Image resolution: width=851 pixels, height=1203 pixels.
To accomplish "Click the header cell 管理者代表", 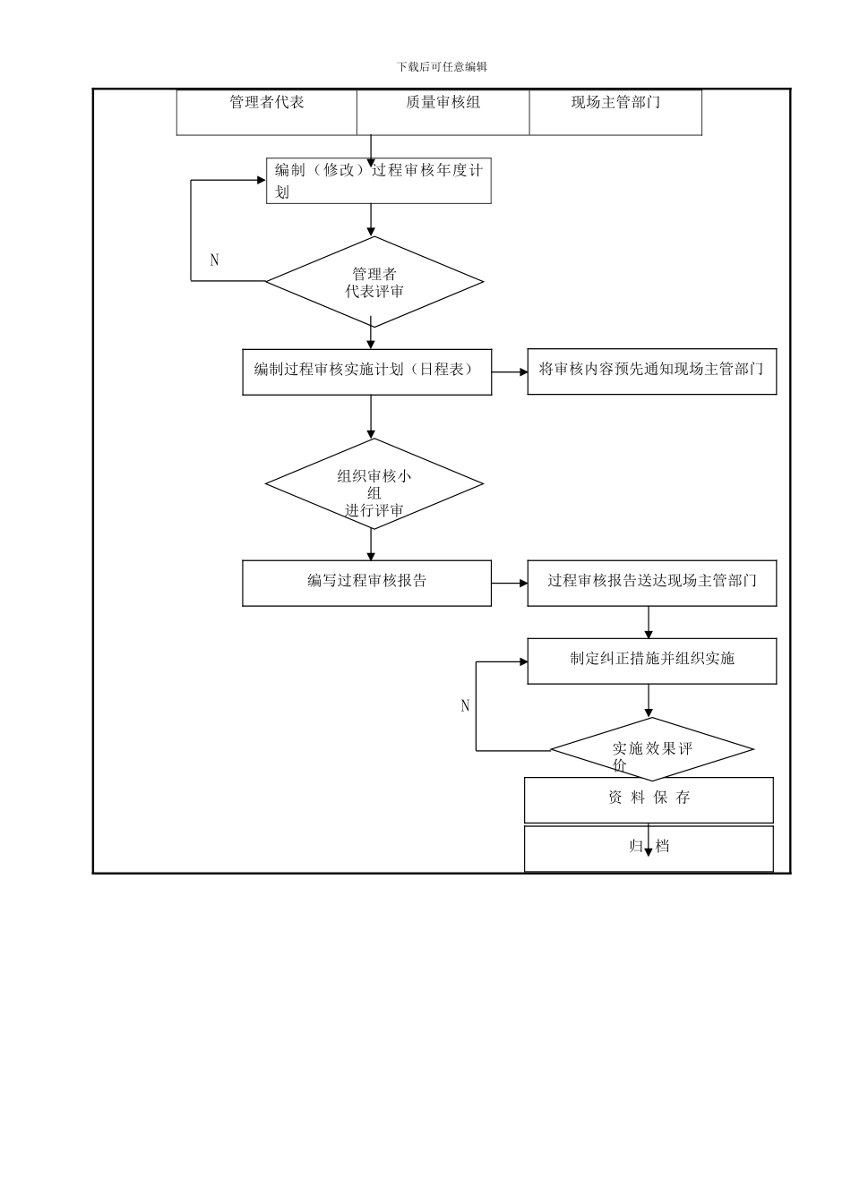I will pyautogui.click(x=267, y=112).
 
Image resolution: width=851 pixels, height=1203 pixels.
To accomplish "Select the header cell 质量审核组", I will pyautogui.click(x=443, y=112).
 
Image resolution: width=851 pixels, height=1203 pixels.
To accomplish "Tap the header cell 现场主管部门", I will pyautogui.click(x=615, y=112).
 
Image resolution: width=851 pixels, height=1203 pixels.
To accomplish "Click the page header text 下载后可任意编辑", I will pyautogui.click(x=442, y=66).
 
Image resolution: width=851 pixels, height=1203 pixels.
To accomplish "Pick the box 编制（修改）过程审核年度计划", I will pyautogui.click(x=378, y=181).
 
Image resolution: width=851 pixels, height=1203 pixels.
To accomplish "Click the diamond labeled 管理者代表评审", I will pyautogui.click(x=374, y=282).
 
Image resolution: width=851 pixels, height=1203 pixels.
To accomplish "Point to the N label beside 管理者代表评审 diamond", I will pyautogui.click(x=214, y=260).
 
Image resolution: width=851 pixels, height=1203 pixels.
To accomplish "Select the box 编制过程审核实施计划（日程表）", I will pyautogui.click(x=366, y=371).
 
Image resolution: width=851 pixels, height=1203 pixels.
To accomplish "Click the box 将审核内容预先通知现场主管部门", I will pyautogui.click(x=651, y=371).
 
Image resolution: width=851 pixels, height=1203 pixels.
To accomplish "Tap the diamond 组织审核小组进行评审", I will pyautogui.click(x=374, y=484).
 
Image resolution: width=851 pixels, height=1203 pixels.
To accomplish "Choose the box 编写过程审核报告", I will pyautogui.click(x=366, y=583).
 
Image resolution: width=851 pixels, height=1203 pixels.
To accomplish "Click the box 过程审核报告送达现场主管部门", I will pyautogui.click(x=651, y=583).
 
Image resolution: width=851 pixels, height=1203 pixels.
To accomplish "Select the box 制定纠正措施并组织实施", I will pyautogui.click(x=651, y=661).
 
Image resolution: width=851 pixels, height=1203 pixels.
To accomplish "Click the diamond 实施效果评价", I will pyautogui.click(x=651, y=749).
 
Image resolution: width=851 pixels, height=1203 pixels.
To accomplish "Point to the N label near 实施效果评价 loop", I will pyautogui.click(x=465, y=706).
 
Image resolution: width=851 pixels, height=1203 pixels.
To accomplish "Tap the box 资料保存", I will pyautogui.click(x=649, y=798).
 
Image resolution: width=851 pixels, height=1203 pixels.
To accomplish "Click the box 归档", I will pyautogui.click(x=649, y=848).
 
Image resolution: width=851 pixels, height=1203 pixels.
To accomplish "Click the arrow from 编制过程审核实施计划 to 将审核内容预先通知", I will pyautogui.click(x=510, y=372).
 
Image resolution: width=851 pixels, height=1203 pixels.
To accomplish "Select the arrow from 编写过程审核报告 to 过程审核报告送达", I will pyautogui.click(x=510, y=584).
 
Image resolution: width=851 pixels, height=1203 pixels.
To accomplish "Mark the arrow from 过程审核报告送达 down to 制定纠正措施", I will pyautogui.click(x=649, y=622).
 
